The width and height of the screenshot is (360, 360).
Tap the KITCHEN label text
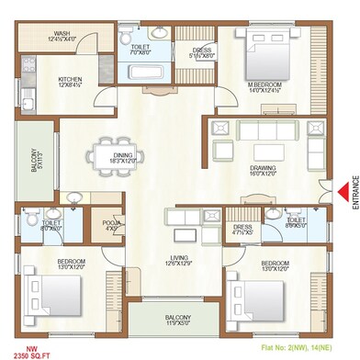71,80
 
